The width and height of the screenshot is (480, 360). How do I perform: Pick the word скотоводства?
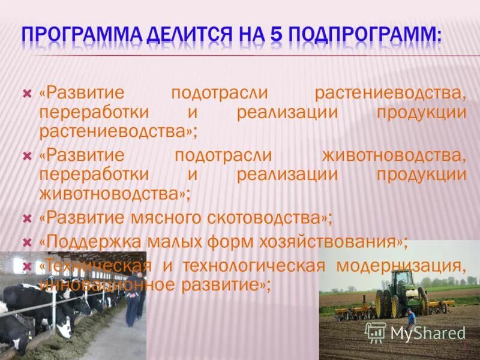[x=271, y=218]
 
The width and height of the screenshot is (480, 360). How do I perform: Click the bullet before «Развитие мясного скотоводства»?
[x=26, y=218]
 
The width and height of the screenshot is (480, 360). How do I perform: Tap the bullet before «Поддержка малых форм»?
[x=26, y=242]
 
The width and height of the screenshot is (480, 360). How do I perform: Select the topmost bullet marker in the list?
[x=26, y=94]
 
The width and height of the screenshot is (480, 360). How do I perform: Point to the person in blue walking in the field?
[x=410, y=318]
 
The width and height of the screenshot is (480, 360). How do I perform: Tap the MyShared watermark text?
[x=427, y=332]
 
